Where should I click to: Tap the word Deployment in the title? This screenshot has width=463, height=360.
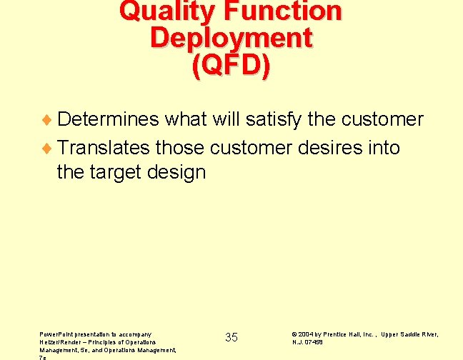click(x=231, y=38)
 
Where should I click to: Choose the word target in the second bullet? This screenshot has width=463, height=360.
click(x=122, y=172)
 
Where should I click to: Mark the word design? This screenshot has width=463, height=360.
click(x=179, y=172)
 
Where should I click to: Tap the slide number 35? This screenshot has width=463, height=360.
click(x=231, y=337)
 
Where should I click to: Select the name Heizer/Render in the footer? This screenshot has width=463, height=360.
click(x=60, y=341)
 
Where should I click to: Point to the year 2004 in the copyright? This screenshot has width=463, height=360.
click(x=307, y=334)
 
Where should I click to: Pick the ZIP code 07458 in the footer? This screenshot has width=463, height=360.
click(x=314, y=342)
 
